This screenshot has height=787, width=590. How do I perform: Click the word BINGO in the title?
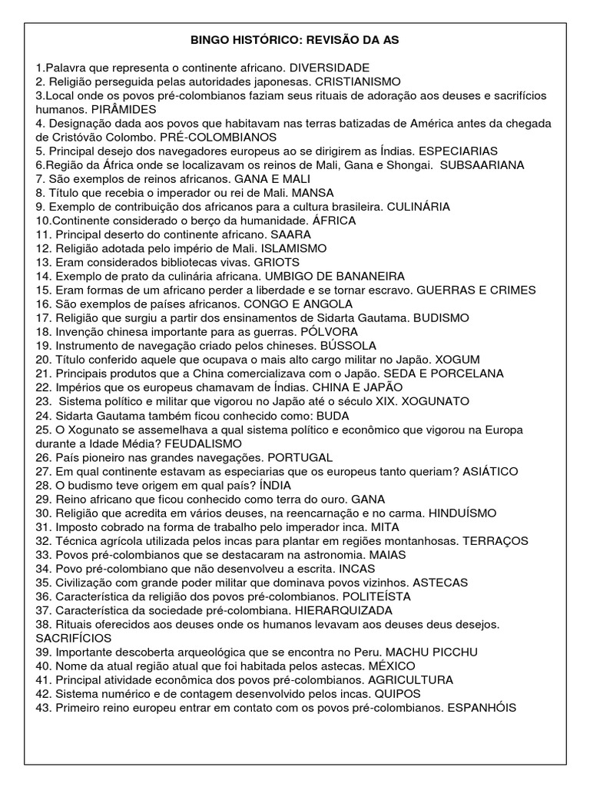[208, 39]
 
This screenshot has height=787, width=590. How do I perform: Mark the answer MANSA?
[313, 193]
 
